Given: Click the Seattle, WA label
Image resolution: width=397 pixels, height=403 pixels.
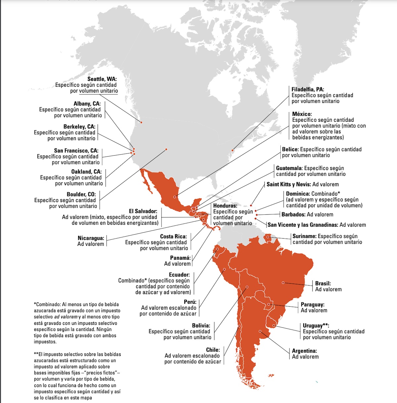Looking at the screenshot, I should [102, 79].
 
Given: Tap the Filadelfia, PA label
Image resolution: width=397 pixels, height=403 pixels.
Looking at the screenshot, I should [308, 89].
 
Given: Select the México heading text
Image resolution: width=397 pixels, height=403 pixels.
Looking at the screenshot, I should [302, 114].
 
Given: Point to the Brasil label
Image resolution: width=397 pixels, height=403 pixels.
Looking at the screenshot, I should [323, 284].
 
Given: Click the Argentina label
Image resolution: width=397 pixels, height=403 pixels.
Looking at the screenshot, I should [304, 351].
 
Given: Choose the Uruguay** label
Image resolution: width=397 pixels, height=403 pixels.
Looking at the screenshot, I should [316, 326].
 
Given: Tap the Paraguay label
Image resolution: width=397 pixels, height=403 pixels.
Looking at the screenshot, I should [312, 305].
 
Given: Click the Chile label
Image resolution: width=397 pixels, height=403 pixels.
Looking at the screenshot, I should [213, 350].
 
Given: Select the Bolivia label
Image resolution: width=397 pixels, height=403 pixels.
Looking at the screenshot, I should [201, 326].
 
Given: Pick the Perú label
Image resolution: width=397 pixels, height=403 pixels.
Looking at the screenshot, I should [190, 302].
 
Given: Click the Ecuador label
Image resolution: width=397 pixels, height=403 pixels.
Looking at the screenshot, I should [179, 275].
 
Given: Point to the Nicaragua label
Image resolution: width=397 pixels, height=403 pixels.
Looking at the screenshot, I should [91, 238].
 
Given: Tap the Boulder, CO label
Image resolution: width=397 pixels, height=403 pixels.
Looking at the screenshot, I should [81, 195].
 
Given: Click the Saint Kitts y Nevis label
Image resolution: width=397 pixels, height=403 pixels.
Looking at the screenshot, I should [288, 185].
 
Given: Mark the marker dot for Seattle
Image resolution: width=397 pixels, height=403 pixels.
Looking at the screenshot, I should [141, 122].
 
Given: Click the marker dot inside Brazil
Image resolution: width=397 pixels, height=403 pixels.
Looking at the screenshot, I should [283, 283].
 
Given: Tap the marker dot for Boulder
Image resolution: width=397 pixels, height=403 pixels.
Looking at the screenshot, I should [166, 149].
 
